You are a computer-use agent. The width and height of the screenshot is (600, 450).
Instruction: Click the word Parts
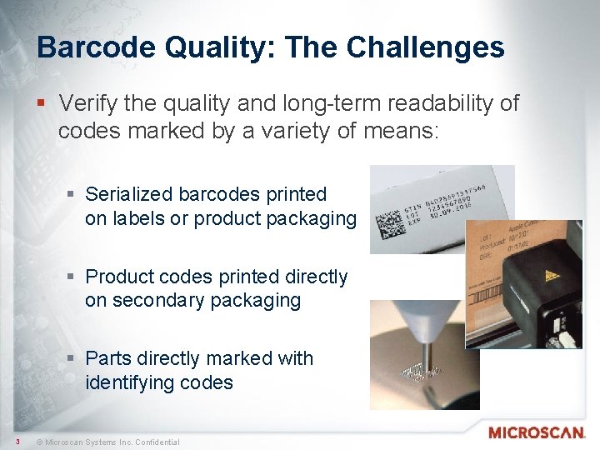pyautogui.click(x=108, y=358)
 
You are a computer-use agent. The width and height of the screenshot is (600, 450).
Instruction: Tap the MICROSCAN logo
pyautogui.click(x=537, y=432)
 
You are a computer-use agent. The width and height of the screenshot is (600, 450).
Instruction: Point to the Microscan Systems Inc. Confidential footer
pyautogui.click(x=112, y=442)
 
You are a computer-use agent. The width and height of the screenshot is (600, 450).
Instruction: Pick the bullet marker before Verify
pyautogui.click(x=43, y=104)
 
